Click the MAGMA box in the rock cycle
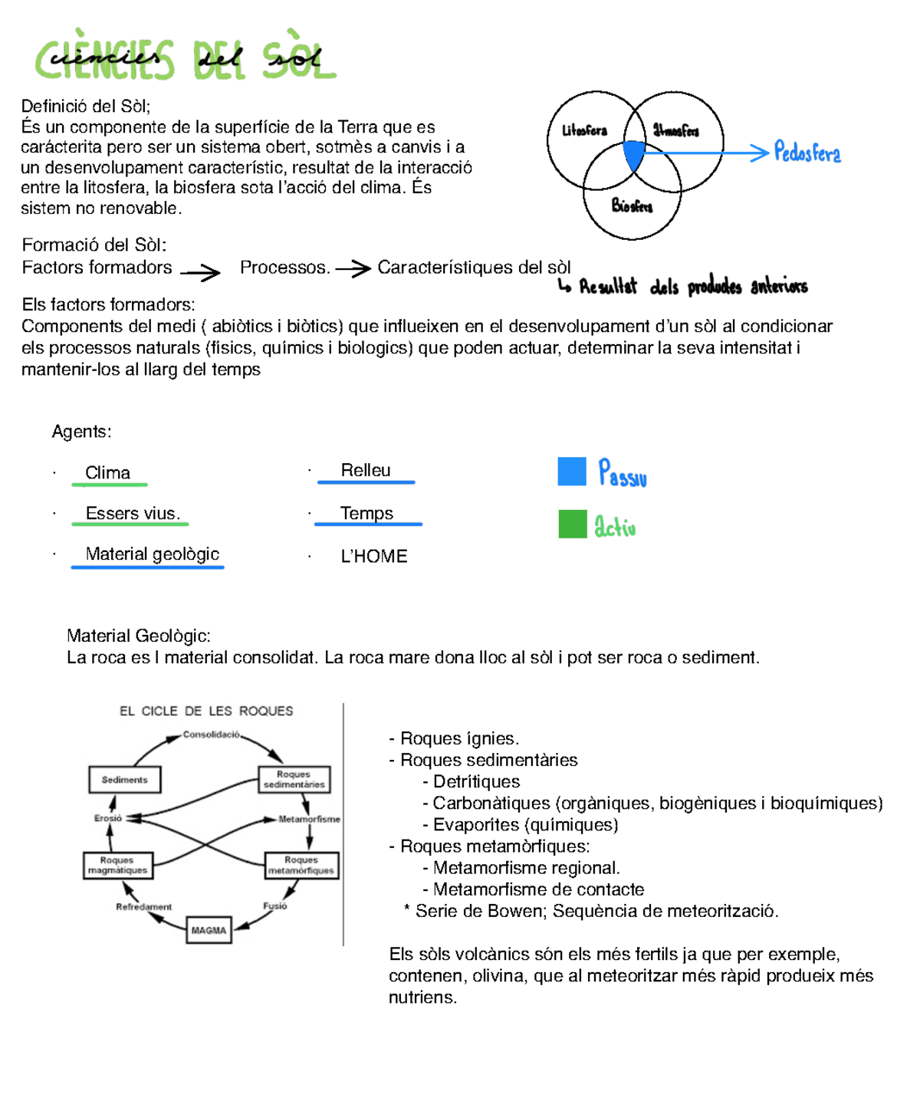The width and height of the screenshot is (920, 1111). click(x=209, y=930)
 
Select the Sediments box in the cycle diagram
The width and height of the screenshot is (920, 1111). click(x=124, y=780)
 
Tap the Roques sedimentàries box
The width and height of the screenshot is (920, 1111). click(x=294, y=779)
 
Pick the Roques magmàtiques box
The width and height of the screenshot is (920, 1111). click(x=117, y=865)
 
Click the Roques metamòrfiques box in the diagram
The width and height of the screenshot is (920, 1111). click(x=301, y=865)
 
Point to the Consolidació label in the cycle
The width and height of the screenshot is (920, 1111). click(x=211, y=735)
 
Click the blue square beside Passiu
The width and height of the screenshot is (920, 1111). click(x=572, y=472)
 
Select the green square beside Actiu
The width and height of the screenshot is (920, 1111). click(x=572, y=524)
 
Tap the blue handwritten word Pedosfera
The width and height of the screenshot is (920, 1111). click(x=807, y=153)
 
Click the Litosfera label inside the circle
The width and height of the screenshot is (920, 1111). click(x=584, y=130)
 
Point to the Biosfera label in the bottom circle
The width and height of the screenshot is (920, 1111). click(x=632, y=205)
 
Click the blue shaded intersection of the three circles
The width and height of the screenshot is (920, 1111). click(x=633, y=154)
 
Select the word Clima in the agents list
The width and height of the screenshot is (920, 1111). click(x=107, y=473)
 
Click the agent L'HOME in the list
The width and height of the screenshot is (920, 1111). click(x=373, y=556)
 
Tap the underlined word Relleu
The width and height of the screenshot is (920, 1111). click(x=366, y=470)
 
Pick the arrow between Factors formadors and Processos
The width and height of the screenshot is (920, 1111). click(x=200, y=271)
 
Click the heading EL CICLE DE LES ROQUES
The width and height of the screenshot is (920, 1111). click(x=206, y=711)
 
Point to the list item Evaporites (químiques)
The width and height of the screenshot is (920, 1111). click(x=525, y=825)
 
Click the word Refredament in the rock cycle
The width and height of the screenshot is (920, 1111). click(x=143, y=907)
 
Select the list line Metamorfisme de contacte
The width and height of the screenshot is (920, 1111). click(x=538, y=889)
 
